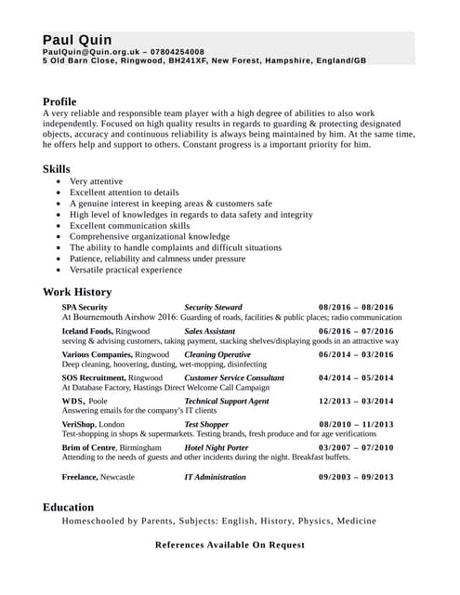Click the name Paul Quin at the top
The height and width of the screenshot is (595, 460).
pos(77,40)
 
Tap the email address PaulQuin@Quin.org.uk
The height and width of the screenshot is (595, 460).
pos(91,52)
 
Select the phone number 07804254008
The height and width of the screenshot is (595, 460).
pos(177,52)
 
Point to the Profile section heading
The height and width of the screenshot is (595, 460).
pos(59,101)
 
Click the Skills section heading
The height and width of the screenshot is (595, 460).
pos(56,168)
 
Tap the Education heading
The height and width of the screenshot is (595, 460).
pos(68,507)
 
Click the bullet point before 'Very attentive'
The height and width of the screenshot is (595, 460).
pos(60,181)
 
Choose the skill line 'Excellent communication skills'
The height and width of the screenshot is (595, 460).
pos(129,226)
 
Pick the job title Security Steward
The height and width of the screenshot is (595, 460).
pos(213,307)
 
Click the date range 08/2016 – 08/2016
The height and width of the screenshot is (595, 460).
pos(356,307)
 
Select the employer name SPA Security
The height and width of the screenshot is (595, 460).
pos(85,307)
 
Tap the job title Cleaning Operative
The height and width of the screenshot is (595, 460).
pos(217,354)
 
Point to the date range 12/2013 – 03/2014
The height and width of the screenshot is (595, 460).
pos(356,402)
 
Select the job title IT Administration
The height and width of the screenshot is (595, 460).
pos(215,477)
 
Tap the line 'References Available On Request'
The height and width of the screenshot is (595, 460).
pos(230,545)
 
